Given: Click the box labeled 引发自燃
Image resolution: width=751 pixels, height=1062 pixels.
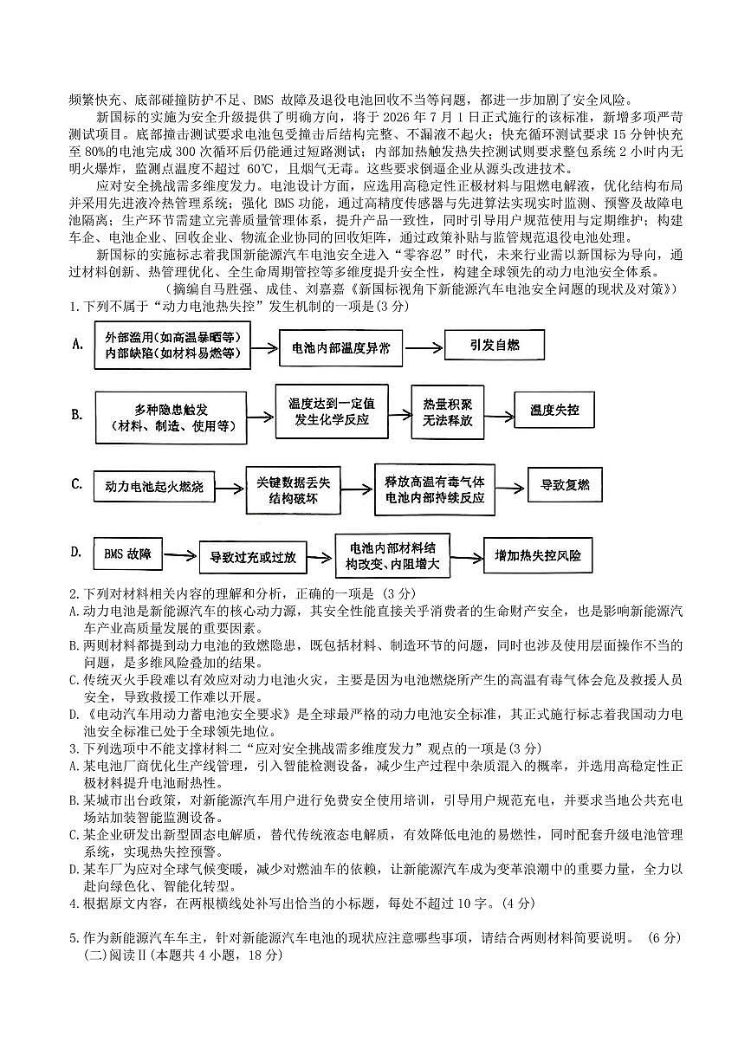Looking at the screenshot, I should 495,345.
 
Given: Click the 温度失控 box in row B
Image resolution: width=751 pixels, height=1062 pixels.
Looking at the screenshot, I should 554,409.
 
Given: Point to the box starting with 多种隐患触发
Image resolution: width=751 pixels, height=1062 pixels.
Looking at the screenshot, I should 172,417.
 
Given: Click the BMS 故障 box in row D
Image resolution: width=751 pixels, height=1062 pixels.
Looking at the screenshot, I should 127,553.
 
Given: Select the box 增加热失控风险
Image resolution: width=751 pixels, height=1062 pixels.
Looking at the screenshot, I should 538,555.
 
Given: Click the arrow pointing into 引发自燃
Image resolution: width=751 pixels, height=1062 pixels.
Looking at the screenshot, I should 424,346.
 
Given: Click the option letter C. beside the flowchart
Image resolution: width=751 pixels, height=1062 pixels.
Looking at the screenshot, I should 77,483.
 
